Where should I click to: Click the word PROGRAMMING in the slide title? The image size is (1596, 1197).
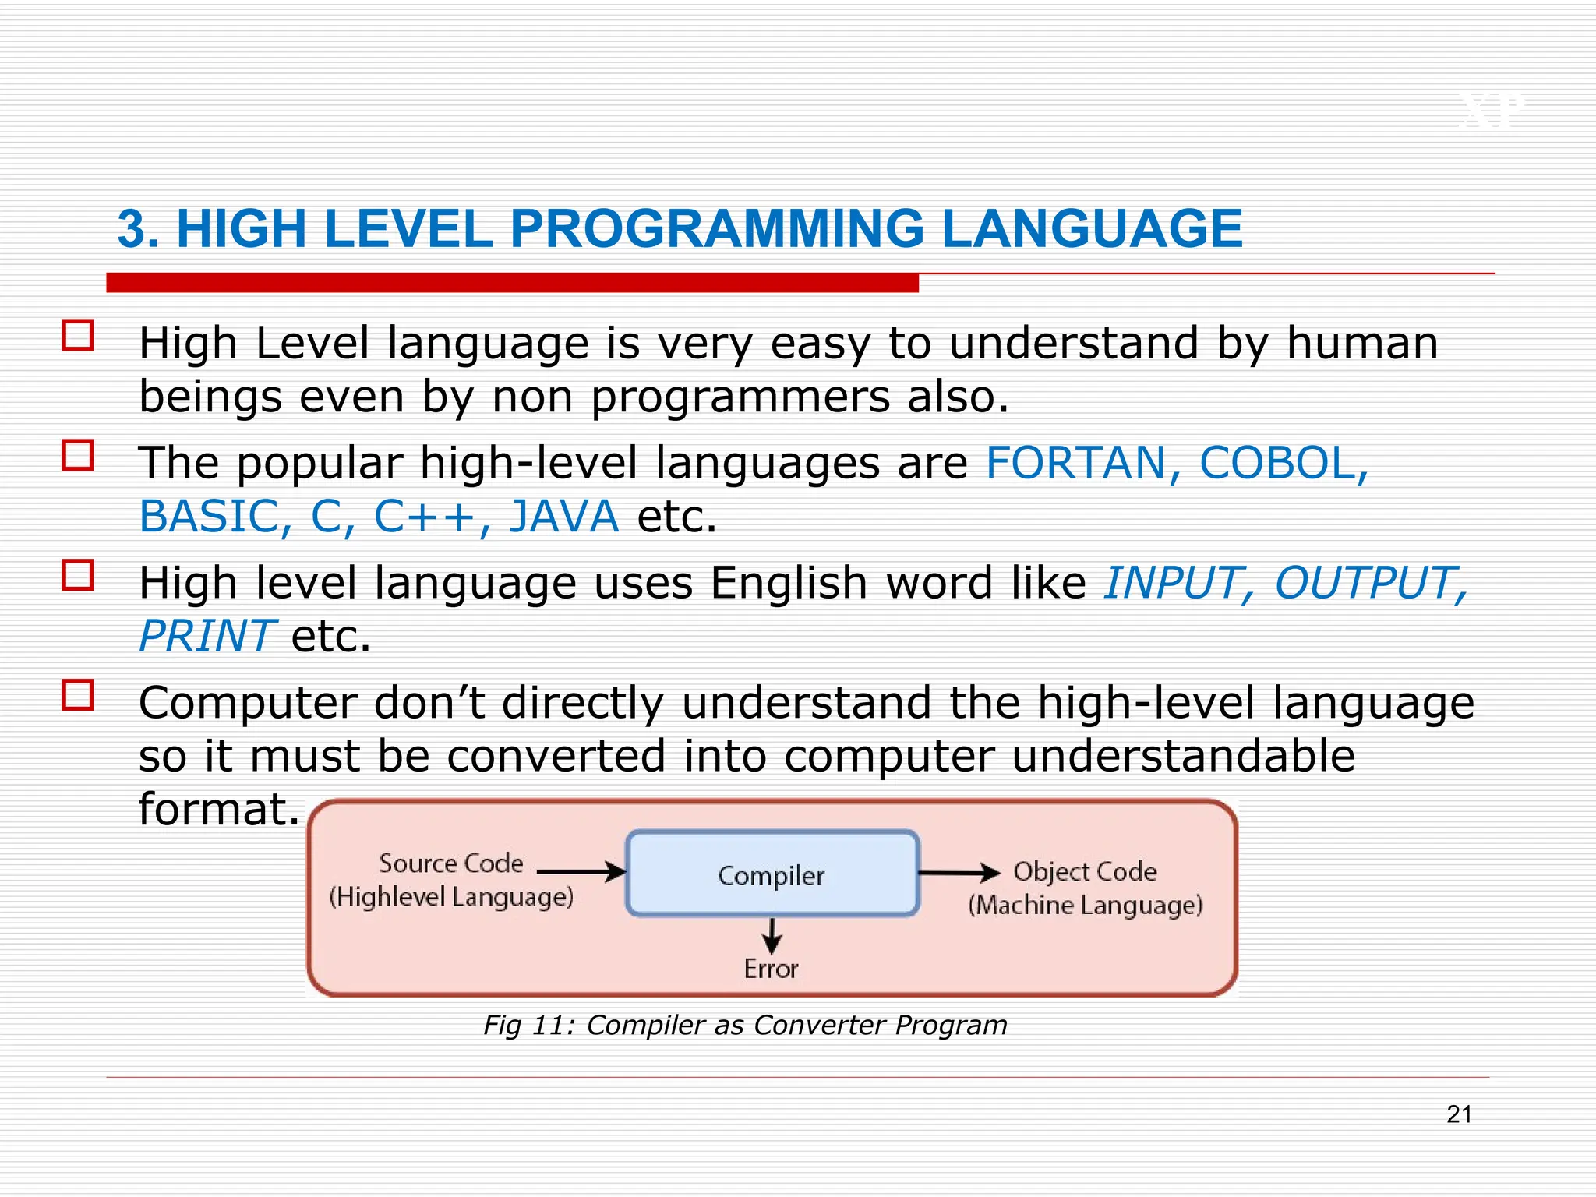pos(716,229)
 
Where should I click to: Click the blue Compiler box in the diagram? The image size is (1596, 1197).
pos(772,874)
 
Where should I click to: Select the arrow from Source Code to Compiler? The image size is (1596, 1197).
pos(581,871)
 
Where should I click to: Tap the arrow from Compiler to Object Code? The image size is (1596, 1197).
pos(959,872)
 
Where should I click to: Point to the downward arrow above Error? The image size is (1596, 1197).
pos(772,935)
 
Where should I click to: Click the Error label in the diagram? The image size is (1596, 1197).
pos(771,969)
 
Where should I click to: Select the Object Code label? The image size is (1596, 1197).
pos(1085,871)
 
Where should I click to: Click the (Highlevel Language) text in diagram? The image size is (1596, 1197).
pos(451,897)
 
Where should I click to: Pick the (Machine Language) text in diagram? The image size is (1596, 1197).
pos(1086,906)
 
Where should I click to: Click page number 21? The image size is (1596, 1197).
pos(1459,1114)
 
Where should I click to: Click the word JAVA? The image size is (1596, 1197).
pos(563,516)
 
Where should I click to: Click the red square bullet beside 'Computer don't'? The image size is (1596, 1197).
pos(78,694)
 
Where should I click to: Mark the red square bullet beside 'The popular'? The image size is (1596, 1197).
pos(78,455)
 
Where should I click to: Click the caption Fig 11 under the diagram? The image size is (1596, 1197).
pos(745,1025)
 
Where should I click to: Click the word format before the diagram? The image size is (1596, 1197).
pos(217,809)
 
